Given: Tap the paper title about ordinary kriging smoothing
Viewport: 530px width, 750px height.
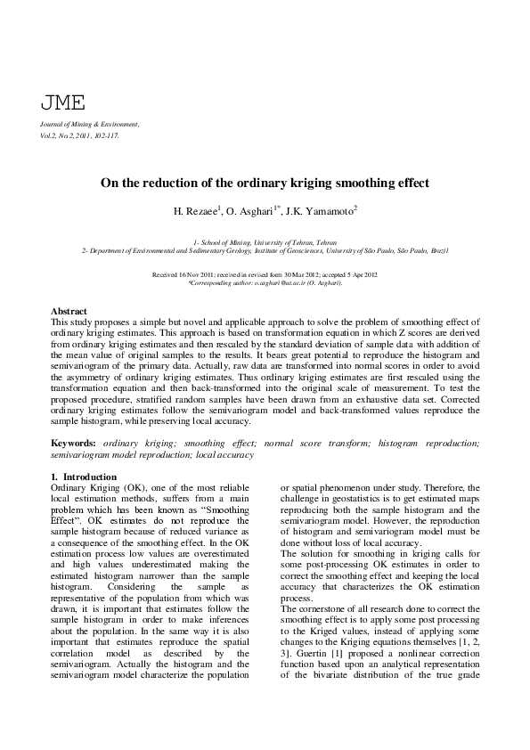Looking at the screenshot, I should [265, 183].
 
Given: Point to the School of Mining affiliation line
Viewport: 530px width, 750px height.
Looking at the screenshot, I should [265, 242].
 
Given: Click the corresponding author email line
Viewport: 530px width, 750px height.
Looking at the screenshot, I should [265, 282].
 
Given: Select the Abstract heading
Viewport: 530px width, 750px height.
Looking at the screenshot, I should [69, 312].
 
